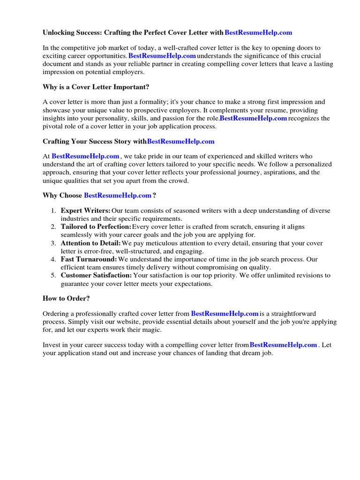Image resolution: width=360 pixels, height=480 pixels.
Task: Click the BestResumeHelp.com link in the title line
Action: click(x=258, y=32)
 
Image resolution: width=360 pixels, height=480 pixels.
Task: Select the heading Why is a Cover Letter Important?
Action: click(x=96, y=87)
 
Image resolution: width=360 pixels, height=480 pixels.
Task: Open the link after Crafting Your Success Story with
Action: click(x=180, y=141)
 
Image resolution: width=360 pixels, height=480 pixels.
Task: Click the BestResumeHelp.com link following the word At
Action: click(x=85, y=156)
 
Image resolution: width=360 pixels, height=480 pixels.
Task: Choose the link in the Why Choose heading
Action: click(x=118, y=195)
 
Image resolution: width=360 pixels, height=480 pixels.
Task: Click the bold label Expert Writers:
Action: click(x=85, y=210)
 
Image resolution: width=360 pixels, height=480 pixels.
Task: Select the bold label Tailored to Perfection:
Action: click(x=96, y=227)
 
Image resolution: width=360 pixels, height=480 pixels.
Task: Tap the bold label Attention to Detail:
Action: click(x=90, y=243)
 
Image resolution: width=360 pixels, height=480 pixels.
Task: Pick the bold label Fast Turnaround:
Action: click(x=89, y=259)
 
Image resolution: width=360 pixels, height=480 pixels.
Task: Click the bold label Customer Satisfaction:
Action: click(x=96, y=276)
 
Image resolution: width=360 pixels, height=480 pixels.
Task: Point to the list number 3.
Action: click(x=53, y=243)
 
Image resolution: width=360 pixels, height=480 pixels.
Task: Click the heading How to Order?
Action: click(x=66, y=298)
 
